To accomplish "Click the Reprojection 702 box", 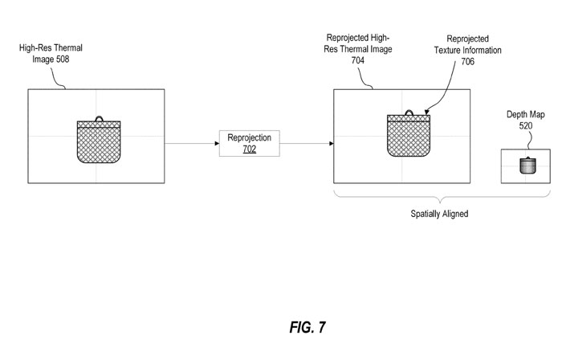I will coord(249,143).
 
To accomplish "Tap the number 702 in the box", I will coord(249,149).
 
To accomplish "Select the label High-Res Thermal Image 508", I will coord(51,53).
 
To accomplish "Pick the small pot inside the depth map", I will coord(527,166).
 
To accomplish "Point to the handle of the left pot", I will coord(100,119).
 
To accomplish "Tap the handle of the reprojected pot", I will coord(409,113).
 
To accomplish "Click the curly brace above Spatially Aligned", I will coord(438,198).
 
